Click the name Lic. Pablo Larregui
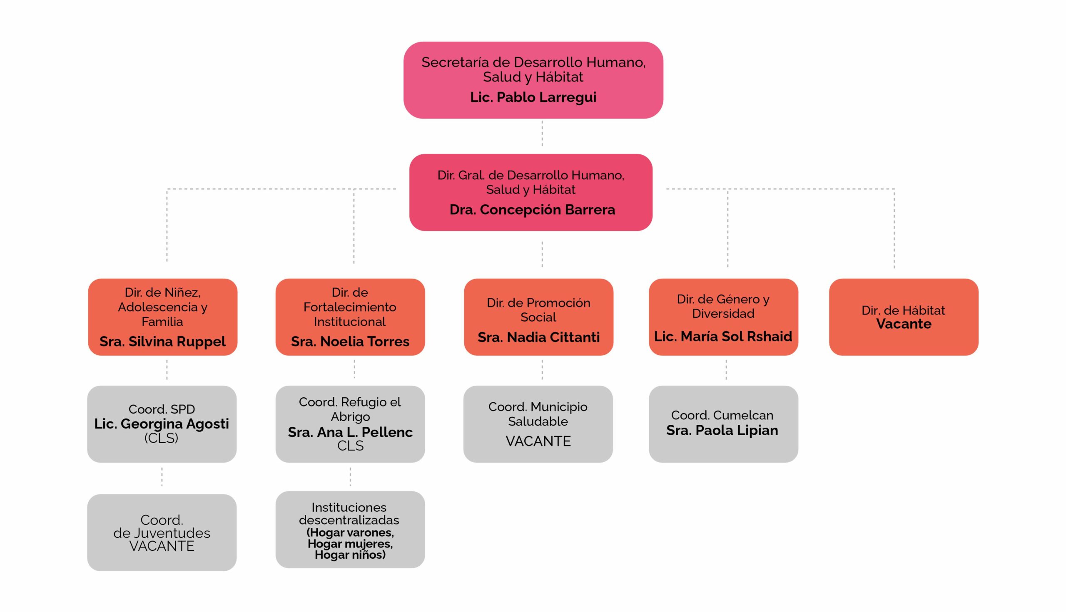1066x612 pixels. tap(533, 97)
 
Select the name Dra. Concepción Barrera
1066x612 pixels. tap(532, 209)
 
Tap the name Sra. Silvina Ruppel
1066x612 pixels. tap(162, 341)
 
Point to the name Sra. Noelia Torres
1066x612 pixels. tap(350, 341)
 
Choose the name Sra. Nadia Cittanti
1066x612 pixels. tap(538, 337)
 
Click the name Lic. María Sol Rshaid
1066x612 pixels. tap(723, 336)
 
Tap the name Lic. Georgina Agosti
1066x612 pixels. tap(162, 424)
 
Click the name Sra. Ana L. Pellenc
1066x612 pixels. tap(350, 432)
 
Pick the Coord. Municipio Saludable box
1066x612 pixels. tap(538, 424)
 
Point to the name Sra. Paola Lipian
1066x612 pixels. tap(722, 431)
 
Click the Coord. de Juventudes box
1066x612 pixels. tap(162, 532)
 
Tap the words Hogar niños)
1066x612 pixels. tap(350, 555)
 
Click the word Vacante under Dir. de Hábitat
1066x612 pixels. tap(903, 324)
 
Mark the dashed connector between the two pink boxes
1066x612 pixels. tap(542, 134)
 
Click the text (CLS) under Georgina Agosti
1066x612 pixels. tap(162, 438)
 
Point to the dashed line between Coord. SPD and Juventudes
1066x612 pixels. tap(162, 477)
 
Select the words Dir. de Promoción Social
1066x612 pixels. tap(538, 310)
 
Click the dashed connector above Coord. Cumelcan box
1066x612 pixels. tap(726, 370)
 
